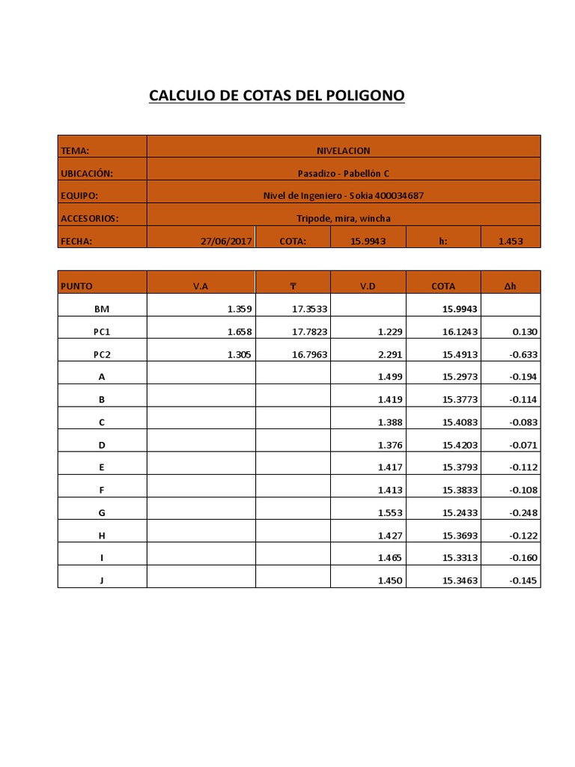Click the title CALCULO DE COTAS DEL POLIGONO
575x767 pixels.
276,96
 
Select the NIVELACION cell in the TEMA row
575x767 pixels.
344,151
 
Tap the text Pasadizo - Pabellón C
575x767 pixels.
344,174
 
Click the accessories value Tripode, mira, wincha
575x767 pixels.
344,219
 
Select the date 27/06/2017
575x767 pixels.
225,241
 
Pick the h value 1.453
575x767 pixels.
511,241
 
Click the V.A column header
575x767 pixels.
201,286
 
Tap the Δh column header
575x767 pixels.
510,286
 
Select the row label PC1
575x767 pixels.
102,331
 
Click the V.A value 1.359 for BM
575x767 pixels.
240,309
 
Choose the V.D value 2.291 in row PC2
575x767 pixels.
391,354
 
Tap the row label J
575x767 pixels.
102,580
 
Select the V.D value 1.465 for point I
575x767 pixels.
391,558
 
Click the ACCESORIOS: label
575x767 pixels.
90,219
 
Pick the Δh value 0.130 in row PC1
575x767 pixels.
524,331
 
